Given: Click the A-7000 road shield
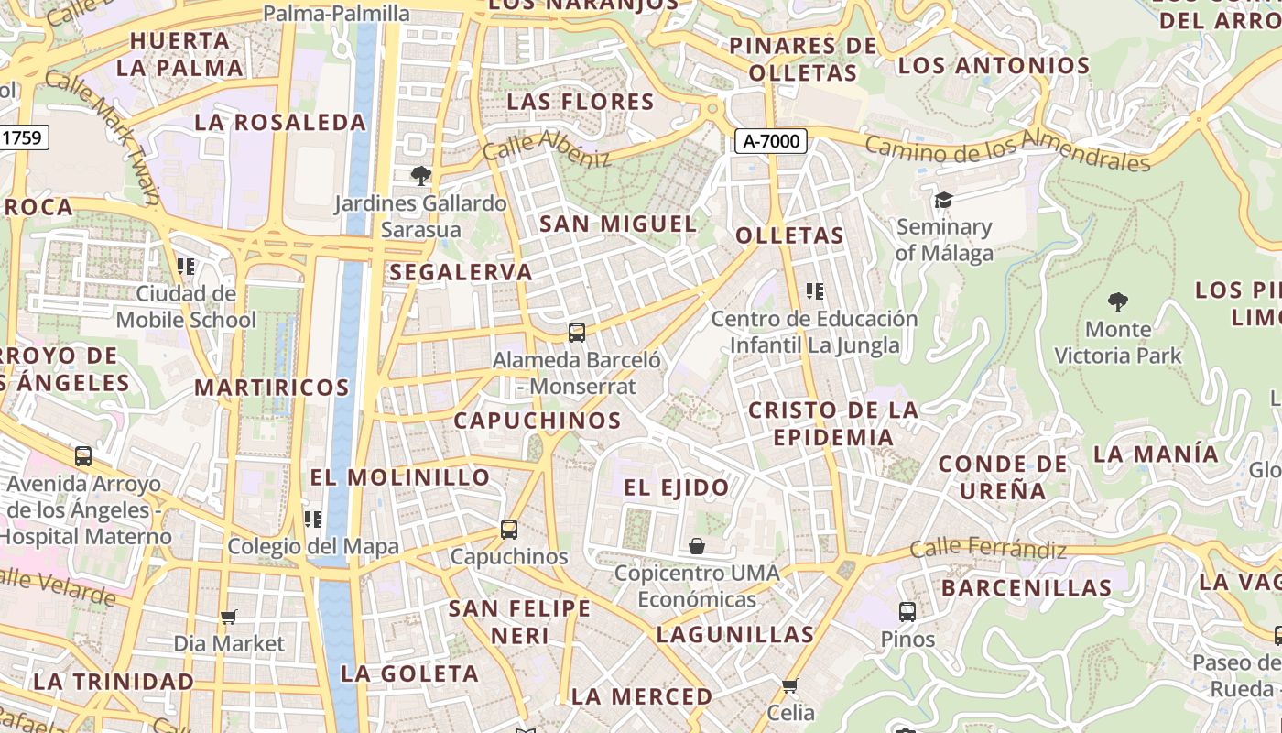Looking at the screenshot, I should pyautogui.click(x=770, y=141).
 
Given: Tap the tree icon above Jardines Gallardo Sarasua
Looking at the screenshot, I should pyautogui.click(x=421, y=175).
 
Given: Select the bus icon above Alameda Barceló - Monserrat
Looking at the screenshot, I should pyautogui.click(x=577, y=333).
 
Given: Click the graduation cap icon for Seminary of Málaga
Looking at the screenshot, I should pyautogui.click(x=943, y=200).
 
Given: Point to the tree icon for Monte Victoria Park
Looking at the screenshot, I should pyautogui.click(x=1117, y=301).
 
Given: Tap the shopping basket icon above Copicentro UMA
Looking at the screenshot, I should pyautogui.click(x=697, y=546).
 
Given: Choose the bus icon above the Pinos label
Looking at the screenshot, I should pyautogui.click(x=907, y=611).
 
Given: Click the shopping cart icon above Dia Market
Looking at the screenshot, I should pyautogui.click(x=229, y=617).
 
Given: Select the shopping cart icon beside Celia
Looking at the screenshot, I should pyautogui.click(x=790, y=685).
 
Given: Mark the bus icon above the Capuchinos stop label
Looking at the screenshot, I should pyautogui.click(x=509, y=529).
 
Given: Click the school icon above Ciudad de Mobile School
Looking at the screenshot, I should pyautogui.click(x=186, y=267).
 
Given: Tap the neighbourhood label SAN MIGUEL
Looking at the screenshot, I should pyautogui.click(x=618, y=224).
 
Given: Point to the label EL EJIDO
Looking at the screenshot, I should pyautogui.click(x=677, y=487).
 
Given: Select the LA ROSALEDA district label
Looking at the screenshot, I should pyautogui.click(x=280, y=122).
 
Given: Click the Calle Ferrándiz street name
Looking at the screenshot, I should pyautogui.click(x=988, y=549).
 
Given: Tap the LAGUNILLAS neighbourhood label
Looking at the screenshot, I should pyautogui.click(x=735, y=634).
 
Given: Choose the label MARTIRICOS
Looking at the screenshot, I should pyautogui.click(x=272, y=388).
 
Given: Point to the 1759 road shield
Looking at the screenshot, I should pyautogui.click(x=22, y=138).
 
